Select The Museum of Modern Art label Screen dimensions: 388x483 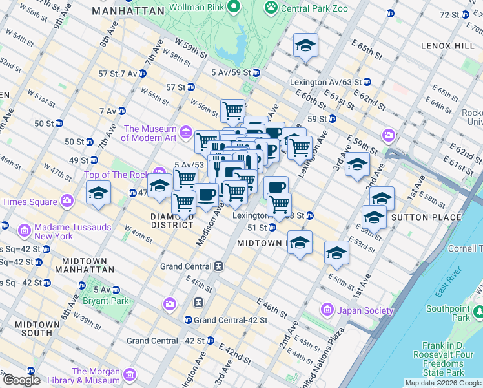pos(149,133)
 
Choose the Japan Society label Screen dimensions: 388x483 pos(365,310)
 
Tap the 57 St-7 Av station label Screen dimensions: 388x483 pos(116,74)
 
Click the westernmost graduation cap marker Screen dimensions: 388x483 pos(98,193)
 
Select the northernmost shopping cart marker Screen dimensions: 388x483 pos(232,110)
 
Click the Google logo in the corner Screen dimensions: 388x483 pos(21,380)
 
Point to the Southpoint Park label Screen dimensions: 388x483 pos(451,313)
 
